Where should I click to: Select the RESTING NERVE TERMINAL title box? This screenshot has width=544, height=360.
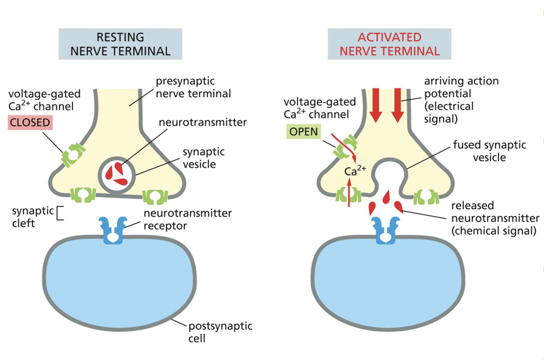120,44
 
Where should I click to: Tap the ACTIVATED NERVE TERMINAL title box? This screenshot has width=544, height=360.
389,44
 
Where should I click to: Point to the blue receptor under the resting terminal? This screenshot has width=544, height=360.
113,230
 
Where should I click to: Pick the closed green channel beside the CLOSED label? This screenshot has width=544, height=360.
73,155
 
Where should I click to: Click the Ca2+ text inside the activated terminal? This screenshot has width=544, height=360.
355,171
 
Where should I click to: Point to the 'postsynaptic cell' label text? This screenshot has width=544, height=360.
220,332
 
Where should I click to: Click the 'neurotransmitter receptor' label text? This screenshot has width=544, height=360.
187,219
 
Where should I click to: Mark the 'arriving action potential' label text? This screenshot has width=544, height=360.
461,100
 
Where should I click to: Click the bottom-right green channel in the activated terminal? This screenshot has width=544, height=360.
426,196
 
